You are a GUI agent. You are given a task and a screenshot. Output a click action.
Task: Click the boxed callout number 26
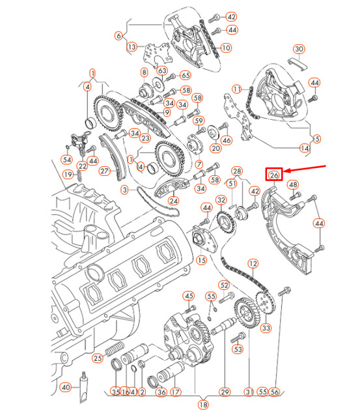[x=274, y=174]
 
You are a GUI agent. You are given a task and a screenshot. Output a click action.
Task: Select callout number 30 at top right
[x=299, y=50]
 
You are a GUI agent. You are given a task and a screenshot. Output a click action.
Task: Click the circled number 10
[x=226, y=48]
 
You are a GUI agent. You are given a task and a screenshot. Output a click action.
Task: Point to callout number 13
[x=132, y=47]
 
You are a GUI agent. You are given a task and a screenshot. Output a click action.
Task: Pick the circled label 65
[x=185, y=76]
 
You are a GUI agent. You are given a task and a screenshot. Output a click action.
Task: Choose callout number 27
[x=106, y=171]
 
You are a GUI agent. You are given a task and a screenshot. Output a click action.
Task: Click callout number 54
[x=66, y=160]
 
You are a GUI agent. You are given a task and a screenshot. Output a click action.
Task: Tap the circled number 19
[x=68, y=174]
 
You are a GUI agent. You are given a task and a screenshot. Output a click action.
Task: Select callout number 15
[x=201, y=260]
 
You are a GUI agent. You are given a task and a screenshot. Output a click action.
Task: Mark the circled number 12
[x=253, y=264]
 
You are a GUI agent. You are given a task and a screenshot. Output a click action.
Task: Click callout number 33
[x=266, y=329]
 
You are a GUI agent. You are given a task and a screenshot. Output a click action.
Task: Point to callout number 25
[x=97, y=358]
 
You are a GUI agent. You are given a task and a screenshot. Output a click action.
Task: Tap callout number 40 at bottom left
[x=65, y=388]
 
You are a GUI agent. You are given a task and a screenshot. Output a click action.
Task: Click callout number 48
[x=294, y=185]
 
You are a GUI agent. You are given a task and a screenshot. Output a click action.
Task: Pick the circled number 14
[x=304, y=149]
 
